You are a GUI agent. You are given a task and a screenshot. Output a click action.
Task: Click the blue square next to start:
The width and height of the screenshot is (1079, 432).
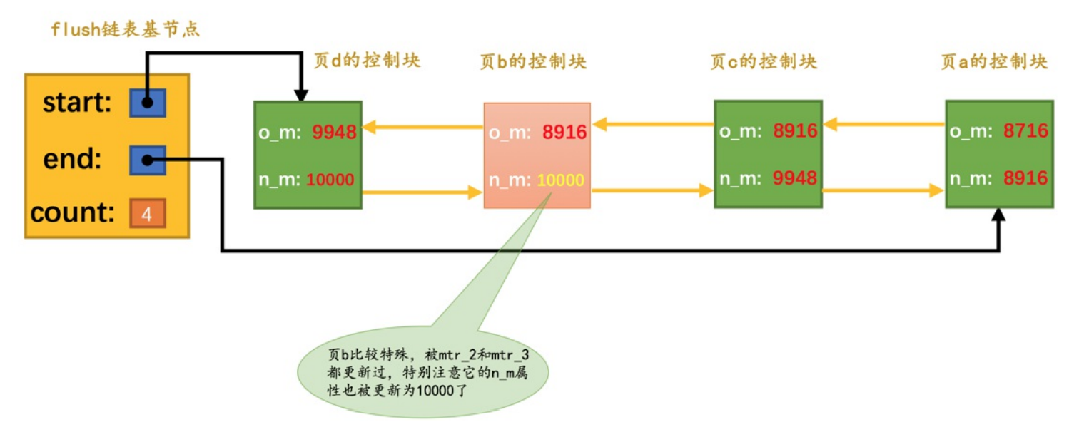pyautogui.click(x=148, y=103)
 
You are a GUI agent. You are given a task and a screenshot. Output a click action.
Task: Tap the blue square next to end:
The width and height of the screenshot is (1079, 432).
pyautogui.click(x=148, y=160)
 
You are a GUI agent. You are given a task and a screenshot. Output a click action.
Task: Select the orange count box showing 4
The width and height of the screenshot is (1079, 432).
pyautogui.click(x=148, y=213)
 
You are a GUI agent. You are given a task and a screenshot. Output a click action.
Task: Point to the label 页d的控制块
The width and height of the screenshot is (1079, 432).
pyautogui.click(x=367, y=60)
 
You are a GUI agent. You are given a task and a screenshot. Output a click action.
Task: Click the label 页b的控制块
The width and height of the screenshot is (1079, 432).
pyautogui.click(x=533, y=61)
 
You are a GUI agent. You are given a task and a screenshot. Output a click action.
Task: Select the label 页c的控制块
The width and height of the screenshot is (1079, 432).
pyautogui.click(x=764, y=61)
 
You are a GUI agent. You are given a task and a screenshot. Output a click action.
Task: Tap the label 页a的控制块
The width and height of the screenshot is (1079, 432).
pyautogui.click(x=994, y=61)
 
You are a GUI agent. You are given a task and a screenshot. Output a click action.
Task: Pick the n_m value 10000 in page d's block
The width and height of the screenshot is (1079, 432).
pyautogui.click(x=330, y=180)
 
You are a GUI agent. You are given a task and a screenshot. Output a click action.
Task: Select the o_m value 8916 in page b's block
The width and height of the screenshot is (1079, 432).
pyautogui.click(x=564, y=132)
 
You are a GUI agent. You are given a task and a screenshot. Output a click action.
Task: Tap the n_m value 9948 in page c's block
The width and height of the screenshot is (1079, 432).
pyautogui.click(x=795, y=178)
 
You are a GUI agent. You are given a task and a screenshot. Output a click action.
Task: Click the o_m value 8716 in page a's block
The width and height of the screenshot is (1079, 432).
pyautogui.click(x=1025, y=130)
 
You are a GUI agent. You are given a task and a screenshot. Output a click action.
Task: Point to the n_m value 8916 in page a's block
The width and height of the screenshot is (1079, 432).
pyautogui.click(x=1025, y=178)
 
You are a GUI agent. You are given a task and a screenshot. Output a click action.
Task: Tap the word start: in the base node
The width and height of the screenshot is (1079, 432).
pyautogui.click(x=77, y=103)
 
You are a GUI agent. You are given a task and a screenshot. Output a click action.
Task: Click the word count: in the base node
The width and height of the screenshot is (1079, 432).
pyautogui.click(x=72, y=213)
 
